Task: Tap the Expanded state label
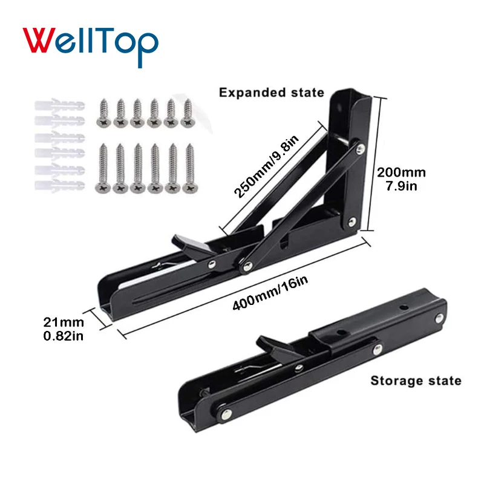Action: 272,93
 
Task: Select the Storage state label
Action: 416,381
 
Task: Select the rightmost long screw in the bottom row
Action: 190,168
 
